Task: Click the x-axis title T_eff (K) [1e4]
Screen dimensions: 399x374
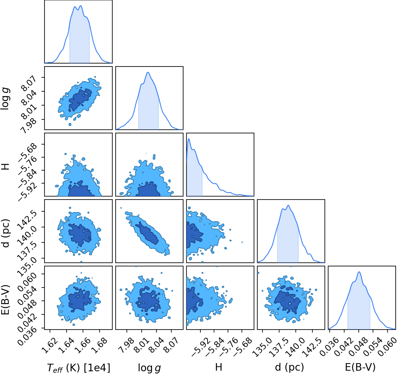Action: pos(79,368)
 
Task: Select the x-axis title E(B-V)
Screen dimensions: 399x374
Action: pos(360,367)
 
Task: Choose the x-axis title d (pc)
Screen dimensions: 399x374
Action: pos(289,367)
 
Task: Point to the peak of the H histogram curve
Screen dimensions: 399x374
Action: pos(189,139)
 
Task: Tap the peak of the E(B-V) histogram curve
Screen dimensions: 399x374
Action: pos(359,272)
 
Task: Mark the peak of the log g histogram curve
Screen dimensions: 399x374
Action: pos(148,72)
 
